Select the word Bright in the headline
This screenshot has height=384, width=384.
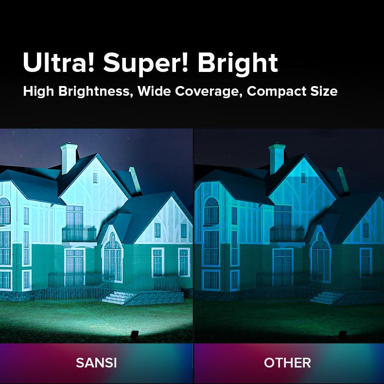[x=238, y=63]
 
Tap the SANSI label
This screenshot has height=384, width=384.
[x=96, y=363]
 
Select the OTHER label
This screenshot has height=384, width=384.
[x=287, y=363]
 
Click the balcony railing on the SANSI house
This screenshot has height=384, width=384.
[x=79, y=234]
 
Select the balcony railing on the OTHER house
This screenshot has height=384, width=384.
[x=287, y=234]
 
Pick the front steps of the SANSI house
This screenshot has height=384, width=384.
[x=117, y=296]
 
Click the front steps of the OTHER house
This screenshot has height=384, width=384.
[x=325, y=296]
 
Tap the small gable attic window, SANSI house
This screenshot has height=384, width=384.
[x=95, y=177]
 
